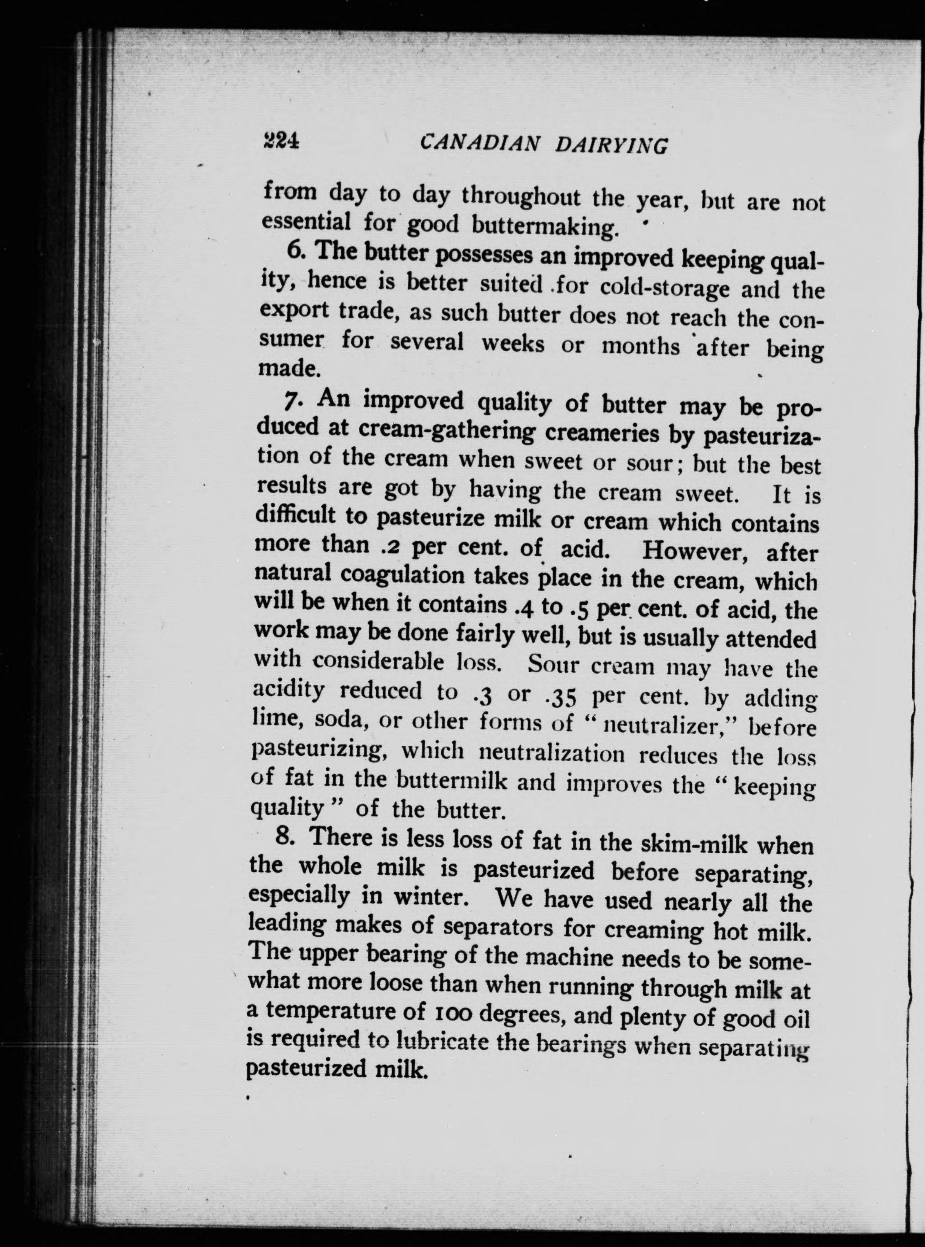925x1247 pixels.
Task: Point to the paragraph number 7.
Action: point(292,401)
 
